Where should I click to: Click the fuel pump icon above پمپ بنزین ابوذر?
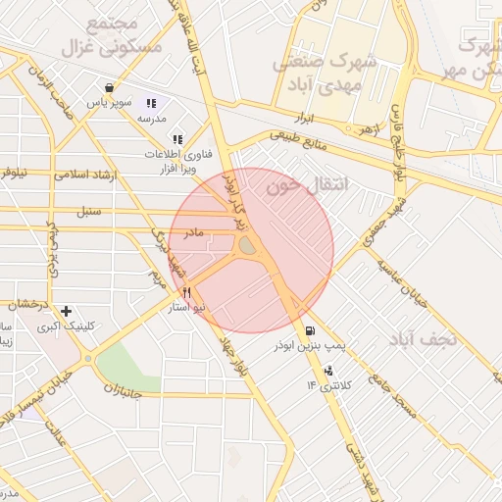coord(311,330)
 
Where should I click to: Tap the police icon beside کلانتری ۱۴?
coord(328,371)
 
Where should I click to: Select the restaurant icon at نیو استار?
coord(186,293)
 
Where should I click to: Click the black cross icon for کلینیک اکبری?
coord(66,311)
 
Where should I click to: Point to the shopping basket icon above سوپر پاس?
coord(121,87)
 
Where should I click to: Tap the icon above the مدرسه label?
coord(151,103)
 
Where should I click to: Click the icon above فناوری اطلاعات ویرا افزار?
coord(177,139)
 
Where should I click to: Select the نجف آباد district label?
coord(424,338)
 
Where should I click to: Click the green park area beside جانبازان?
coord(126,368)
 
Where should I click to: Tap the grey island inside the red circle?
coord(248,247)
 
